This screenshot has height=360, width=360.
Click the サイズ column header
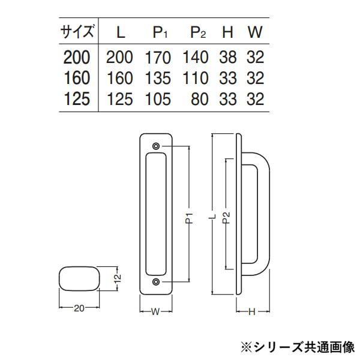coord(77,31)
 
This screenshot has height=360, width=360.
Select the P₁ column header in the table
coord(160,32)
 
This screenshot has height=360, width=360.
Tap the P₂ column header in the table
coord(198,32)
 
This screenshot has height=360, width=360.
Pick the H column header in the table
coord(227,32)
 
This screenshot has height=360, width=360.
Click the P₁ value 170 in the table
coord(158,58)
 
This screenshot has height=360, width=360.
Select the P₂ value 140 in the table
coord(196,57)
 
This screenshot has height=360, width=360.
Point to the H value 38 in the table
coord(228,57)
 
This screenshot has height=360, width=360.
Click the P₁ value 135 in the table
coord(158,78)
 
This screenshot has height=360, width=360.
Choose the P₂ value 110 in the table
coord(196,78)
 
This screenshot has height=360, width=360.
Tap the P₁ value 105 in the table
coord(158,99)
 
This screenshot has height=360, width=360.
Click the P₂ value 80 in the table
coord(200,99)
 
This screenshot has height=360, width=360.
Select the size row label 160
coord(77,78)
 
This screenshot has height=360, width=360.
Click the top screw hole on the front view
coord(156,146)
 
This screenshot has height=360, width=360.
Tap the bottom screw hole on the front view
coord(156,282)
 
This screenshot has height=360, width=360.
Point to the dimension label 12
coord(118,278)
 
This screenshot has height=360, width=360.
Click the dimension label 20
coord(79,308)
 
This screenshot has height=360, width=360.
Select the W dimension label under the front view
coord(155,311)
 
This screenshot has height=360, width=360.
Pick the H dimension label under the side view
coord(252,312)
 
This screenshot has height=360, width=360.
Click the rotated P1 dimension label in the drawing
coord(189,218)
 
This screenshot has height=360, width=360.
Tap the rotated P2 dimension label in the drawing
coord(226,218)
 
